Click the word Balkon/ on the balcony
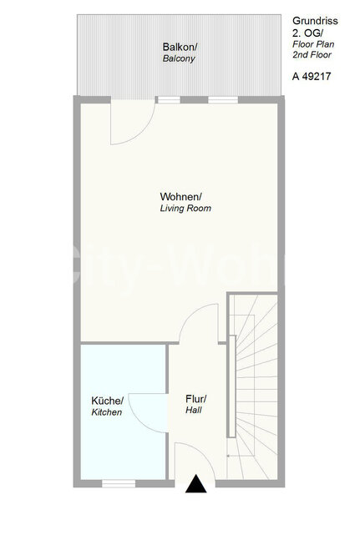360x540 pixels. pos(180,47)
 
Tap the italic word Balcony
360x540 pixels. pos(179,58)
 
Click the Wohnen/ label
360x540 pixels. pos(181,197)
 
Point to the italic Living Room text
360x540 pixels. pos(185,208)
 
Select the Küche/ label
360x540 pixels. pos(107,401)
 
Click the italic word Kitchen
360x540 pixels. pos(106,412)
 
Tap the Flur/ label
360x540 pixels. pos(196,399)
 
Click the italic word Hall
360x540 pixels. pos(194,410)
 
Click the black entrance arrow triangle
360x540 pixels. pos(196,483)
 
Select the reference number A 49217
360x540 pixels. pos(312,76)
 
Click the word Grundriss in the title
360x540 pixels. pos(315,21)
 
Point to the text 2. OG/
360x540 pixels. pos(308,33)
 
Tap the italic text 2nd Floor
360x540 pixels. pos(312,54)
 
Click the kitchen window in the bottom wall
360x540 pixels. pos(119,483)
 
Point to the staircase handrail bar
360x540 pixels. pos(232,386)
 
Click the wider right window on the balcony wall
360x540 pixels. pos(223,100)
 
